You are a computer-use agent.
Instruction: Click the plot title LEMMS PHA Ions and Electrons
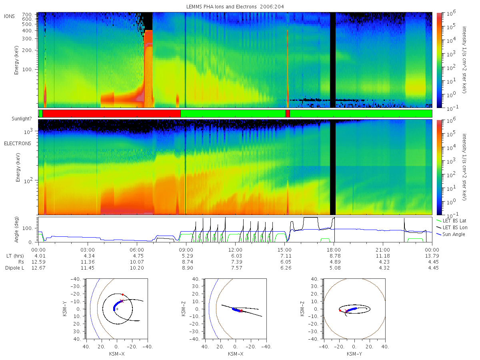[x=221, y=7]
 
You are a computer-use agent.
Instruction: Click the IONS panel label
[x=9, y=16]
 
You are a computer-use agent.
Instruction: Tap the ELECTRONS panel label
[x=18, y=143]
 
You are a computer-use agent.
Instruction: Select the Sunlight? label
[x=22, y=119]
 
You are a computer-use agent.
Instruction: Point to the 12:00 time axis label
[x=235, y=250]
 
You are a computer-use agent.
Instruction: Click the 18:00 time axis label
[x=334, y=250]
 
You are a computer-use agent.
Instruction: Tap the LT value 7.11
[x=286, y=256]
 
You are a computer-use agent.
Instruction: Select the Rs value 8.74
[x=188, y=262]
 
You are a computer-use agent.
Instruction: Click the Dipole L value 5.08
[x=335, y=268]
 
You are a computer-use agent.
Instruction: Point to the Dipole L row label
[x=14, y=268]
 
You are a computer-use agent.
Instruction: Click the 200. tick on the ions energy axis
[x=28, y=50]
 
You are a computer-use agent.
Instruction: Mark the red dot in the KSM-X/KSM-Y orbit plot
[x=122, y=295]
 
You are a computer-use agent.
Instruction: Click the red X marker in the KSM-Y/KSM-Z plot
[x=346, y=311]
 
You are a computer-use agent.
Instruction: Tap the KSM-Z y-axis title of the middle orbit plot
[x=184, y=309]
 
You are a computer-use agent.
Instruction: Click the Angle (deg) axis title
[x=16, y=230]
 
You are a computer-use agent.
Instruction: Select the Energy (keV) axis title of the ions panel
[x=16, y=60]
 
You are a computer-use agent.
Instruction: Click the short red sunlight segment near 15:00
[x=288, y=114]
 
